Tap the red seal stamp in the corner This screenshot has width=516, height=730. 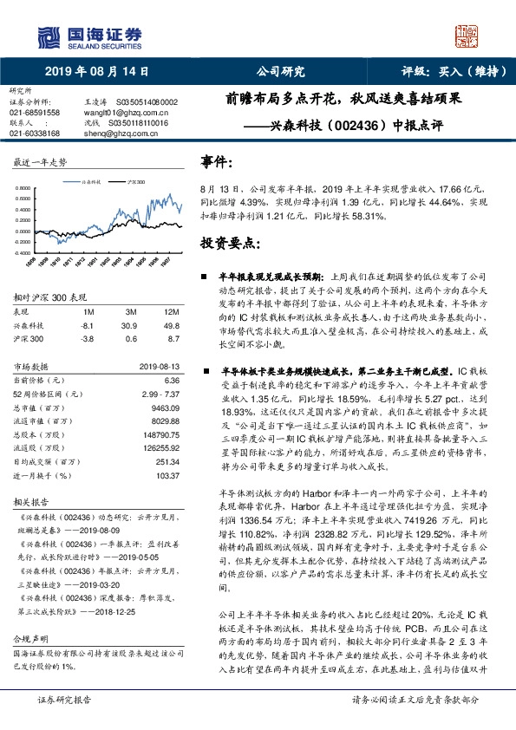[468, 37]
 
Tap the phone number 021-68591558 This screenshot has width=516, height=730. [35, 113]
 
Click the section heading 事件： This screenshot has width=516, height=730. [217, 161]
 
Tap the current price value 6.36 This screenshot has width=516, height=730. [171, 380]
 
